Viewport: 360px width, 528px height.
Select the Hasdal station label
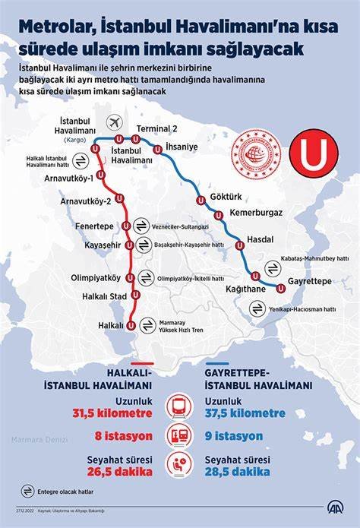pos(262,239)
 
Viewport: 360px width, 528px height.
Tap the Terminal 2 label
pos(157,128)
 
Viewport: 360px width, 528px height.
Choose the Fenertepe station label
pos(94,226)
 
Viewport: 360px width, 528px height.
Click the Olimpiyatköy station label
pos(95,277)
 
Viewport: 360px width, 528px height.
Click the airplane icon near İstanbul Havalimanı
pos(115,122)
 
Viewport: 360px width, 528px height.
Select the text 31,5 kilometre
pos(112,413)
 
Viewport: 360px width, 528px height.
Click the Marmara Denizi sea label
pos(39,439)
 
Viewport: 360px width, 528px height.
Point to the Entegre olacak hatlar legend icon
pos(28,490)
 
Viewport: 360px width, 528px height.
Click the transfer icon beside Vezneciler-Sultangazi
pos(141,226)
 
